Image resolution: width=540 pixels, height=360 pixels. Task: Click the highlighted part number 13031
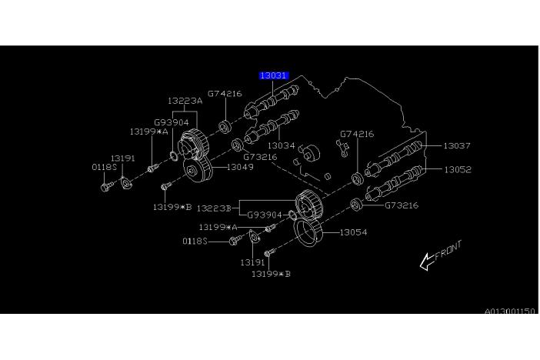(x=273, y=75)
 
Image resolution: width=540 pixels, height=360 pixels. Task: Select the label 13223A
(x=185, y=101)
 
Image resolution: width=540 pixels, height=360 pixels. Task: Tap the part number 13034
(x=281, y=145)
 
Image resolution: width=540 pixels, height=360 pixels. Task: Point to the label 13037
(x=457, y=145)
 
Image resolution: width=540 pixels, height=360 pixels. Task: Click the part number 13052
(x=457, y=169)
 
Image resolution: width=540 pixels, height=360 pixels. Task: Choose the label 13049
(x=240, y=167)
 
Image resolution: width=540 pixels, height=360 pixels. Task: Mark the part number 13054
(x=353, y=232)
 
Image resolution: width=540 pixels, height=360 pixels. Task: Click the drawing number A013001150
(x=508, y=311)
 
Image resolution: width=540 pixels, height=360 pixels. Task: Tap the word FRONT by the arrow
(x=448, y=252)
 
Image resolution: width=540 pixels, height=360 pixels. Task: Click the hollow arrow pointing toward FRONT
(x=426, y=262)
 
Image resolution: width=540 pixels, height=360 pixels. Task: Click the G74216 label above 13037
(x=356, y=134)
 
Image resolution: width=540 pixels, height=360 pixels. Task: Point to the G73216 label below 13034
(x=260, y=157)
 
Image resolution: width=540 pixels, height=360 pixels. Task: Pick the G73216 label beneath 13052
(x=402, y=205)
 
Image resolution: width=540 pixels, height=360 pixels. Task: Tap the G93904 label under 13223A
(x=172, y=122)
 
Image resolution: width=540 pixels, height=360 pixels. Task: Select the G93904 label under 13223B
(x=265, y=215)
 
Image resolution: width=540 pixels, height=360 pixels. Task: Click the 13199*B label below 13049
(x=171, y=206)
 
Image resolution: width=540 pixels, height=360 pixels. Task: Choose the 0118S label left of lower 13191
(x=195, y=241)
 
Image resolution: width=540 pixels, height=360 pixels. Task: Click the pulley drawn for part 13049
(x=199, y=172)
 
